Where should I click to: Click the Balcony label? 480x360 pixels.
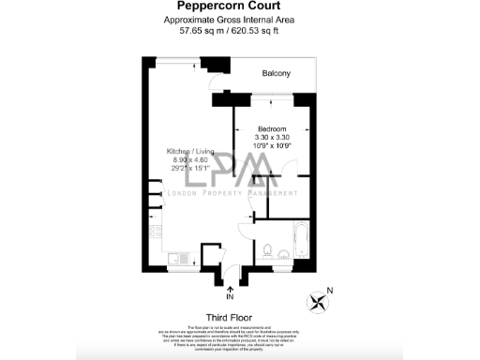coord(276,73)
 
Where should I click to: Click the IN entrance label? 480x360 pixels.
coord(230,297)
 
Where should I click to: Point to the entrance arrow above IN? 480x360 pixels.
coord(230,285)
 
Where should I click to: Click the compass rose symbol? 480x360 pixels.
coord(320,302)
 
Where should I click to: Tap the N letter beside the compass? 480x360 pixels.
coord(330,290)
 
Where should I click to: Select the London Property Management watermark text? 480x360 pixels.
coord(240,193)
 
